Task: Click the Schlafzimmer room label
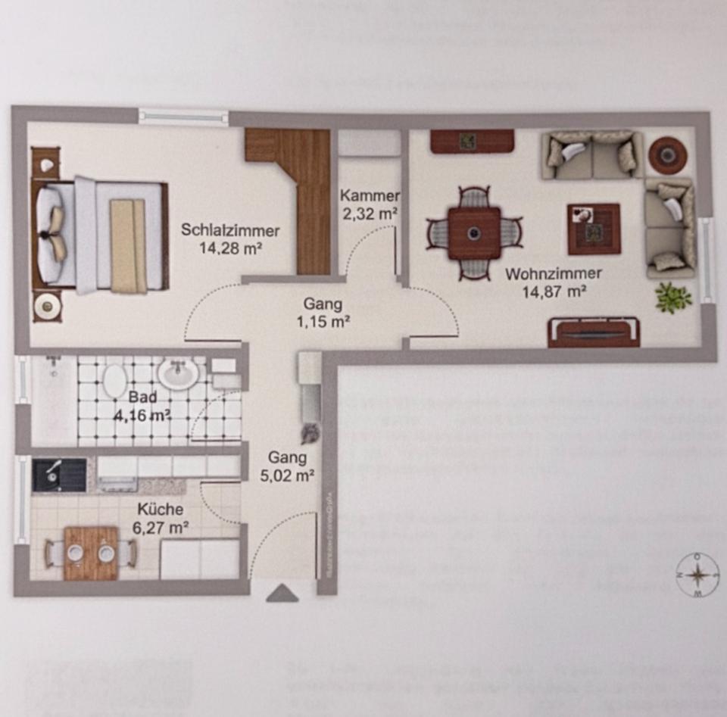pos(230,230)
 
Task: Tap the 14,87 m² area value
pos(553,289)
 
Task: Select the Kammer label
pos(370,196)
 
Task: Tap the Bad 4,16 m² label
pos(143,406)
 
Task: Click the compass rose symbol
pos(697,575)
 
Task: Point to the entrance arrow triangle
pos(282,593)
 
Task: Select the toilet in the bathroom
pos(115,379)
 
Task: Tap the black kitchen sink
pos(59,475)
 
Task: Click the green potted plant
pos(673,297)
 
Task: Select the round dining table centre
pos(474,232)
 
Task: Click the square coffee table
pos(594,229)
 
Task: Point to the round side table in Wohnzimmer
pos(667,155)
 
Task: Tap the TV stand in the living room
pos(594,332)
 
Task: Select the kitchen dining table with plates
pos(91,553)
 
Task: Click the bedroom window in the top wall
pos(183,117)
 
